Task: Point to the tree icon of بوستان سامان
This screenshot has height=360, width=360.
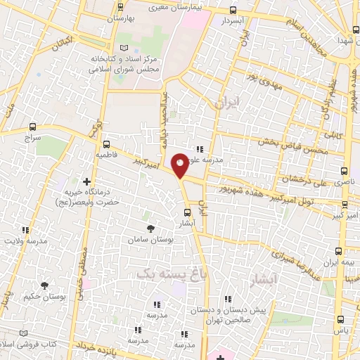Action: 150,229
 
